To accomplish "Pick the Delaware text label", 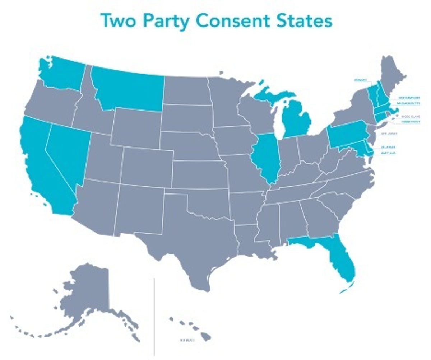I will pyautogui.click(x=388, y=147).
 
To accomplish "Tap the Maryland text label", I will pyautogui.click(x=388, y=153).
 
